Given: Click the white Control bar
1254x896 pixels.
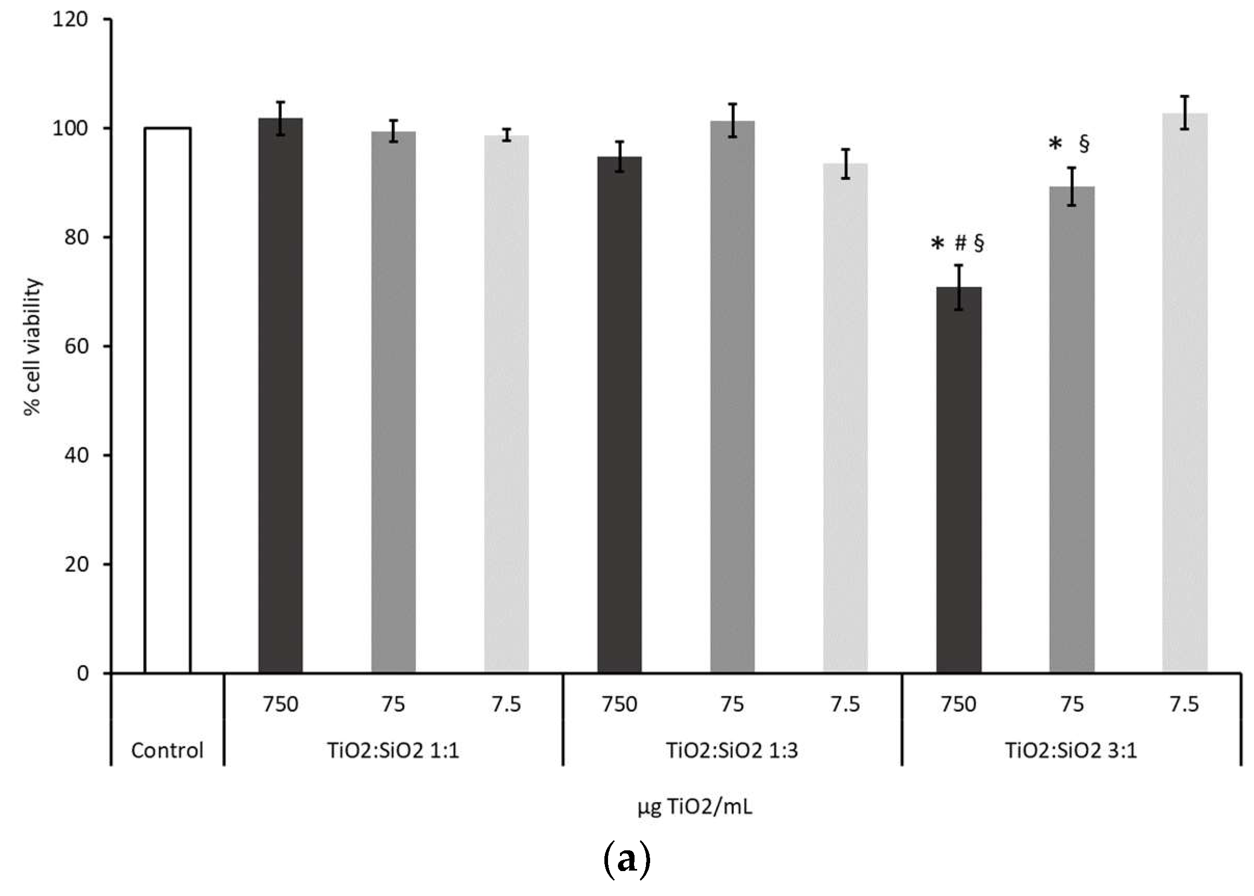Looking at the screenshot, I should (x=167, y=400).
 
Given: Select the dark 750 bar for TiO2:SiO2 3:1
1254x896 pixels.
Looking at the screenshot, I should (x=959, y=480).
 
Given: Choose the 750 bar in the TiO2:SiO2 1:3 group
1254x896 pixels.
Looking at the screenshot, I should (x=619, y=414).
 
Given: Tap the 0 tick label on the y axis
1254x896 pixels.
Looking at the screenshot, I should (x=82, y=673).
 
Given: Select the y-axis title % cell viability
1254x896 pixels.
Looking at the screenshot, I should (x=33, y=346).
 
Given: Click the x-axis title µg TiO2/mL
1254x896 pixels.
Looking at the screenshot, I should (x=695, y=807).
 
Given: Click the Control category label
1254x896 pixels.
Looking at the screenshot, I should (x=167, y=750).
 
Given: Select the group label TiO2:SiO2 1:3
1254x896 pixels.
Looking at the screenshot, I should (x=732, y=750).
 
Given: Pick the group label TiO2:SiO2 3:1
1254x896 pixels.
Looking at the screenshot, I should (x=1071, y=750).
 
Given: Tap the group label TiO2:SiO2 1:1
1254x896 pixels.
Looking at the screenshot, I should (x=393, y=750).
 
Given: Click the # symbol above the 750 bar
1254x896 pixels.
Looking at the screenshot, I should (x=960, y=243).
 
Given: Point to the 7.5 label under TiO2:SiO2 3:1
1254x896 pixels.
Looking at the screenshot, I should (x=1184, y=704).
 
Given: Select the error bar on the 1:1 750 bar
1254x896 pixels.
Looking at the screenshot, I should (x=281, y=118).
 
